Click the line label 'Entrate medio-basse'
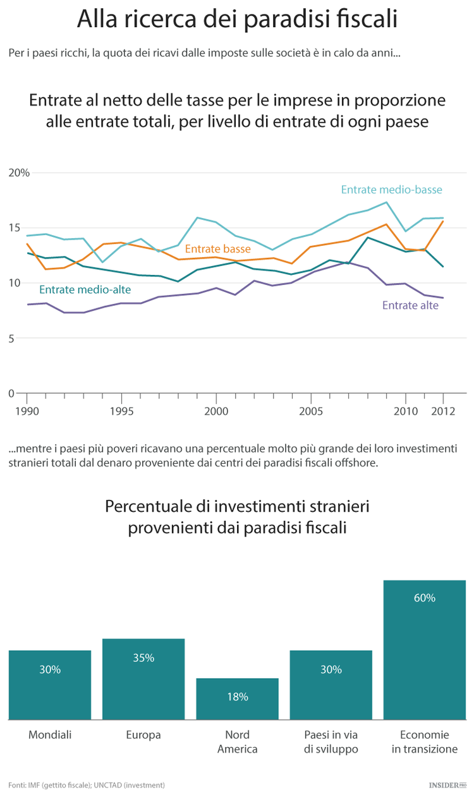(x=391, y=190)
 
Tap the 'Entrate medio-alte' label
(x=85, y=290)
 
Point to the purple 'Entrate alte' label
(x=410, y=305)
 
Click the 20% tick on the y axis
(x=19, y=173)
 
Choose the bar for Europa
(x=143, y=679)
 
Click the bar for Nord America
(x=237, y=699)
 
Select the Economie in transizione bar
(x=424, y=650)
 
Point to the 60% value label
(x=424, y=598)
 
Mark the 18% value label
(x=237, y=697)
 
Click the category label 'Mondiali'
(x=50, y=735)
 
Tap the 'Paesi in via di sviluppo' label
(x=331, y=742)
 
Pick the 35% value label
(x=143, y=658)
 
